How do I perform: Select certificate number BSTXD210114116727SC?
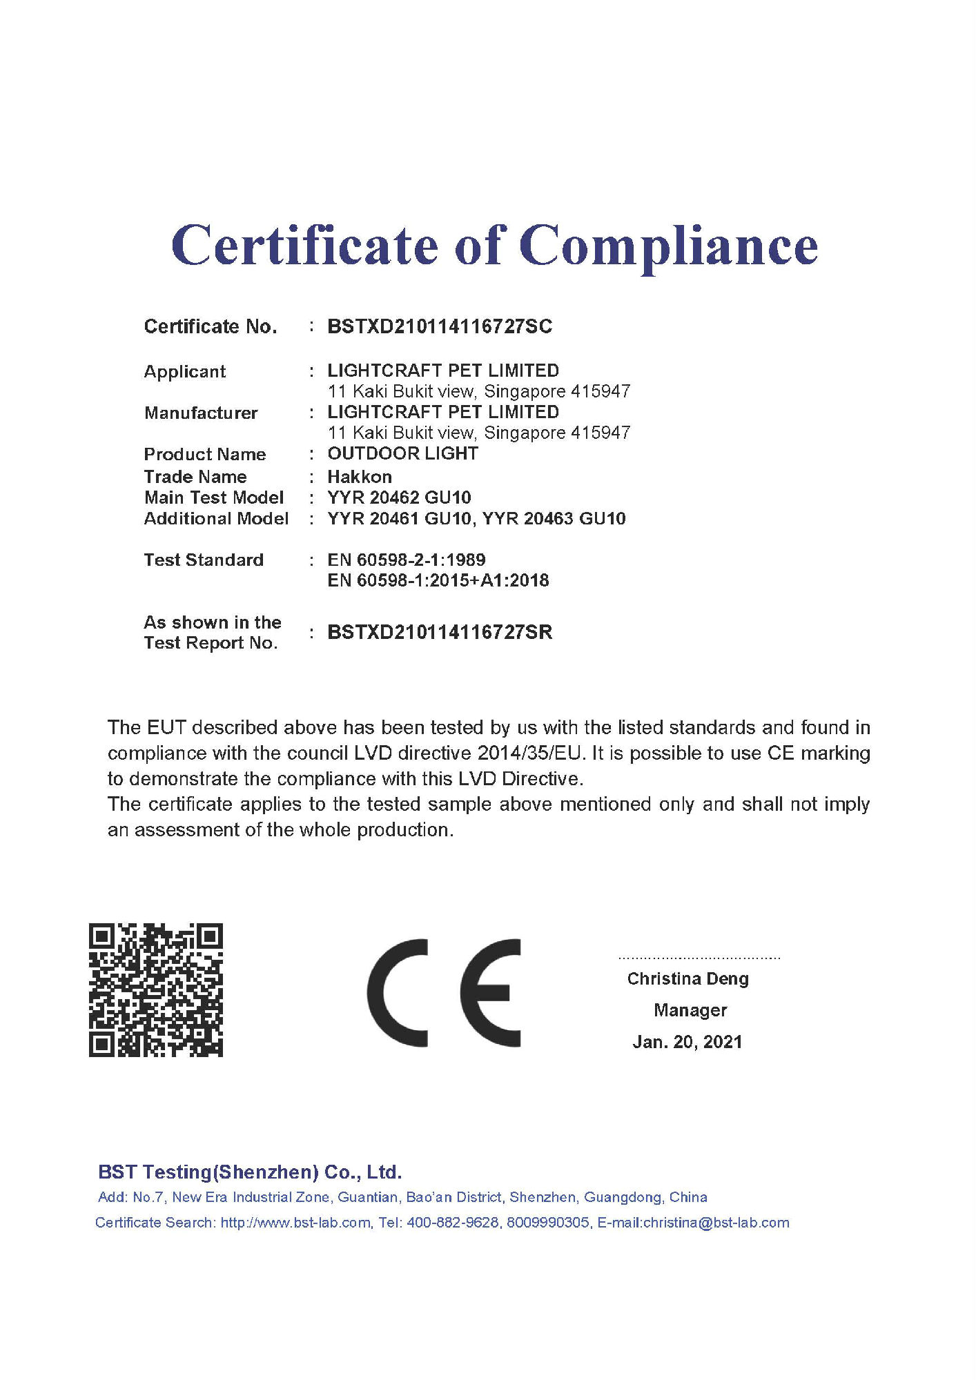click(x=440, y=326)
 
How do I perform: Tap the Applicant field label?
click(x=184, y=371)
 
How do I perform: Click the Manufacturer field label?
click(x=200, y=413)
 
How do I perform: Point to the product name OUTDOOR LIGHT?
click(x=402, y=453)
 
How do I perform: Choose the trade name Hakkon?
click(x=359, y=477)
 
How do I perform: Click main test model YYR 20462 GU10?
click(x=399, y=497)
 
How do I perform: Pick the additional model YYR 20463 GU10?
click(x=554, y=518)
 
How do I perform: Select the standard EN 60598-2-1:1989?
click(x=406, y=560)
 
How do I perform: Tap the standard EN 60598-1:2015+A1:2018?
click(x=438, y=580)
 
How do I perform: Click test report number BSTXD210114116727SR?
click(x=440, y=632)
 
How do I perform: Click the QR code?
click(x=156, y=989)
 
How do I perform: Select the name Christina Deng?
click(x=687, y=978)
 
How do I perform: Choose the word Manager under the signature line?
click(x=690, y=1010)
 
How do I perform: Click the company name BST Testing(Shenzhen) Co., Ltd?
click(x=250, y=1172)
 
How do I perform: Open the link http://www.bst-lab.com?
click(x=295, y=1223)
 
